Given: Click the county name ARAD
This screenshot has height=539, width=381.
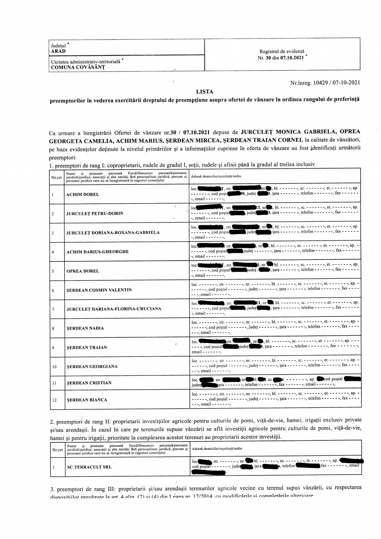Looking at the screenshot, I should click(x=58, y=51).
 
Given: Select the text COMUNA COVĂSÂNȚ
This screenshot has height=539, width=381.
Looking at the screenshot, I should click(x=78, y=67).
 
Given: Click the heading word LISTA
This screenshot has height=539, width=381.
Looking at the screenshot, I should click(x=204, y=92).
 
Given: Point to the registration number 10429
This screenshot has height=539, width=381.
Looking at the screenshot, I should click(x=323, y=82).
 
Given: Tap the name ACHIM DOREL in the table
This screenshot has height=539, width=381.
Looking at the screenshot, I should click(x=83, y=194).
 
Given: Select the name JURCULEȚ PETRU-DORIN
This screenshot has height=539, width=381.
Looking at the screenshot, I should click(x=95, y=213).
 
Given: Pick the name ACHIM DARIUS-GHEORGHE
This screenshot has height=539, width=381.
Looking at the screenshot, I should click(x=97, y=252).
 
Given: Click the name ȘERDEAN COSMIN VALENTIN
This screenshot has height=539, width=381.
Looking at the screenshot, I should click(x=99, y=290).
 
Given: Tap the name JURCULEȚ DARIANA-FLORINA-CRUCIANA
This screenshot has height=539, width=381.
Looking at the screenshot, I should click(x=114, y=309).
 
